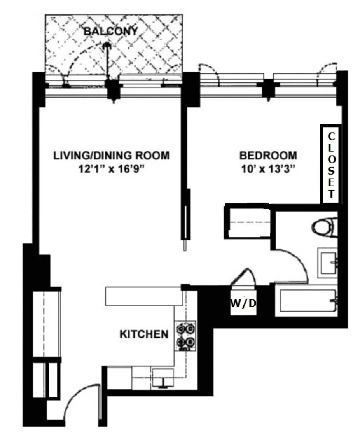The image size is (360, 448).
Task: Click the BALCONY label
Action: (x=111, y=31)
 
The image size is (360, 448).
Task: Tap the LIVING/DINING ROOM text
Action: (x=112, y=156)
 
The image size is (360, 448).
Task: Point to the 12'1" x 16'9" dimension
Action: (x=112, y=169)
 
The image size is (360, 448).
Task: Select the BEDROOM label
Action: (x=268, y=156)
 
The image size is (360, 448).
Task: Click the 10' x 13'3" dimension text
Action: (x=268, y=169)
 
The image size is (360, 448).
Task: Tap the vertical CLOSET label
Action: (x=331, y=165)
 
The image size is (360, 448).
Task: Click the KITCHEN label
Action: (x=144, y=334)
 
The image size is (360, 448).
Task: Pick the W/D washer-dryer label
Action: (x=243, y=303)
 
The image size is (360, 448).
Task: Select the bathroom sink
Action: (x=328, y=262)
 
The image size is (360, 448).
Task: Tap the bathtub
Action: (x=308, y=301)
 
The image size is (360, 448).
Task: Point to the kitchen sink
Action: (x=163, y=378)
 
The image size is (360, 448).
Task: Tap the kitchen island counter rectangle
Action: (x=144, y=297)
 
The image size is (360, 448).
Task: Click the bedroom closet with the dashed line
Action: (x=248, y=221)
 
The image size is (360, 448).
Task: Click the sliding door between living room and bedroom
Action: (x=186, y=217)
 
